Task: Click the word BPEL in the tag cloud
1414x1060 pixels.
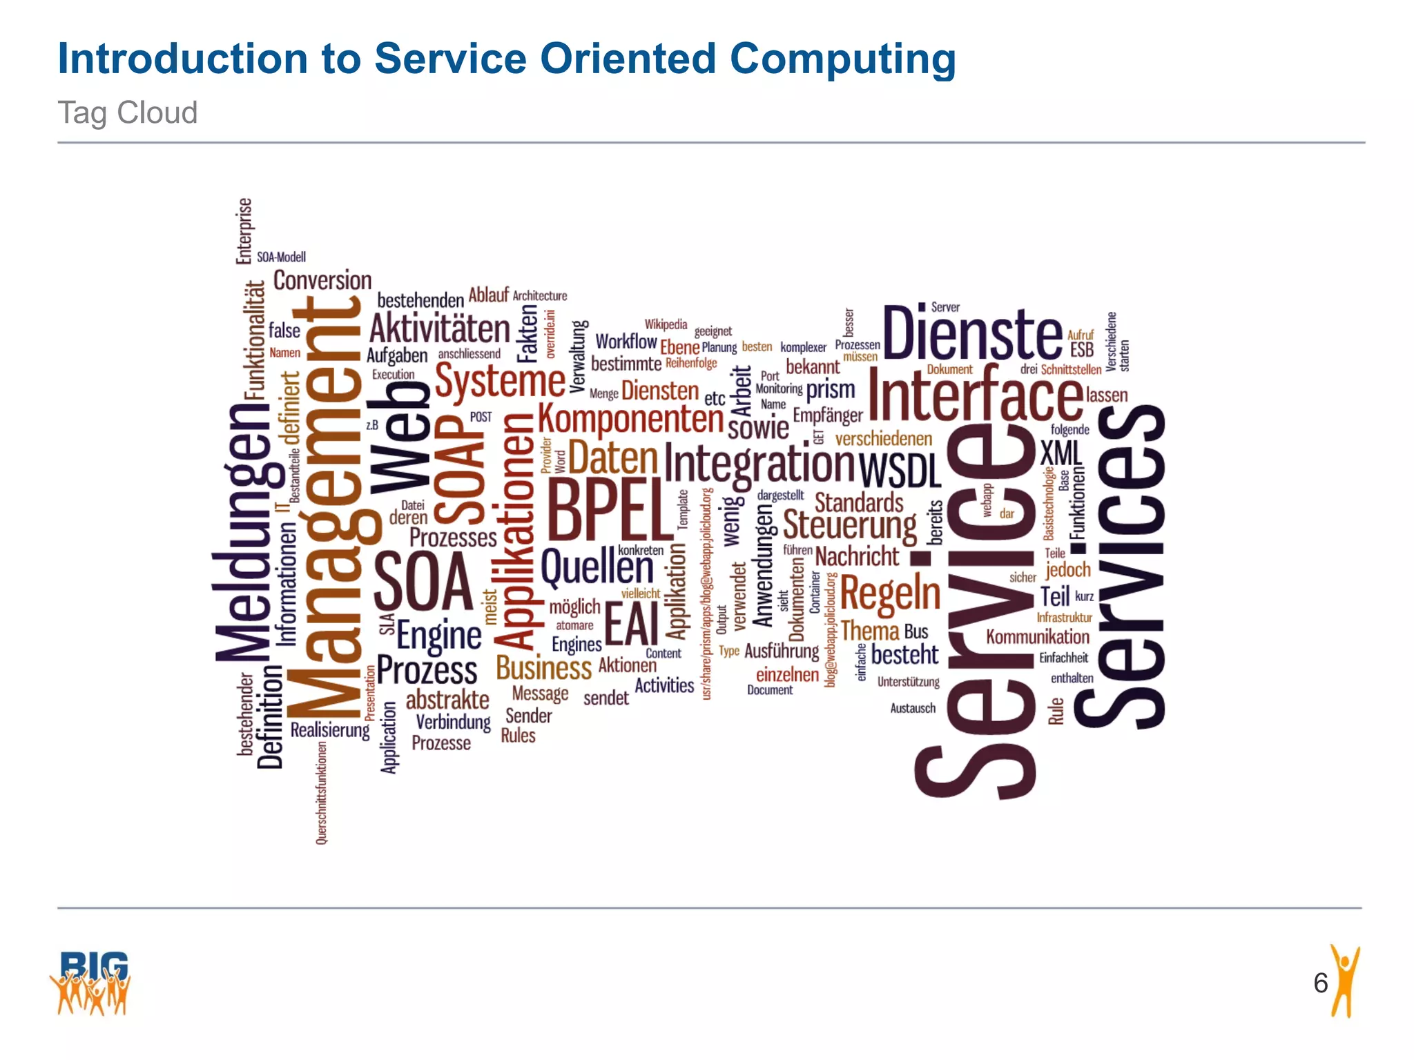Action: click(609, 509)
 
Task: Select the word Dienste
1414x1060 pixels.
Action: click(972, 334)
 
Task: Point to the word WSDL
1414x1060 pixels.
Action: click(900, 471)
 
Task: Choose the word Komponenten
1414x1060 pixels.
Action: click(630, 418)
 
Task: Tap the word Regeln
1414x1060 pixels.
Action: click(890, 593)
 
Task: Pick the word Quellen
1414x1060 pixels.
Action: click(597, 568)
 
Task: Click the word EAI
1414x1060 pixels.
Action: click(632, 624)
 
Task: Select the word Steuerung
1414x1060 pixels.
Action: click(849, 526)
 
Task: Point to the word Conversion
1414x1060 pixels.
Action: click(322, 280)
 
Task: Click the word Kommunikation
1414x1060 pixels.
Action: click(1037, 636)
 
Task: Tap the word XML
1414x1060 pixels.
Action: click(1061, 453)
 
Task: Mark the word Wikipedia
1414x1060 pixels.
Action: click(666, 324)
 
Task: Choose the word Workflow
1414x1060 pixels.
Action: click(626, 341)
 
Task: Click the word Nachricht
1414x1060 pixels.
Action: click(857, 556)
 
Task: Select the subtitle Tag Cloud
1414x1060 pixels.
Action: click(128, 112)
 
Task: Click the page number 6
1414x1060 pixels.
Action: click(1320, 983)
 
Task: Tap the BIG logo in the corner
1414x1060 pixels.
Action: click(90, 983)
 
